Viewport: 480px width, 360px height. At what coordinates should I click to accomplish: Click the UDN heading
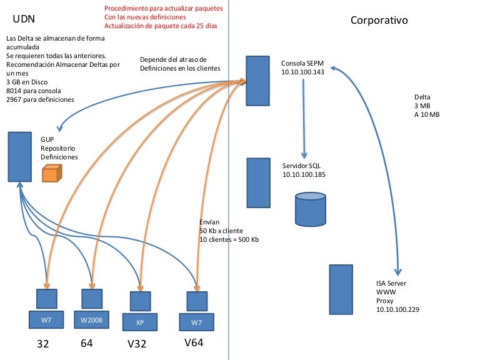pyautogui.click(x=24, y=21)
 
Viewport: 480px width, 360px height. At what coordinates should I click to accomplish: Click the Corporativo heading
pyautogui.click(x=379, y=21)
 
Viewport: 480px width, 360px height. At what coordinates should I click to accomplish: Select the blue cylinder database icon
pyautogui.click(x=311, y=209)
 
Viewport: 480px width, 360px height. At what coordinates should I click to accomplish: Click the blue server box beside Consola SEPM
pyautogui.click(x=257, y=81)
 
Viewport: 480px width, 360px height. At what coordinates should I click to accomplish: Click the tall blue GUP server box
pyautogui.click(x=20, y=156)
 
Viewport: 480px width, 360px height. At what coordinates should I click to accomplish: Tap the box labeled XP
pyautogui.click(x=140, y=322)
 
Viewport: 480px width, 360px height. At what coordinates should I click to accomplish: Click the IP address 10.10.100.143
pyautogui.click(x=303, y=72)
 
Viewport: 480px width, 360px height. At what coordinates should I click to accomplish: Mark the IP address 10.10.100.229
pyautogui.click(x=397, y=309)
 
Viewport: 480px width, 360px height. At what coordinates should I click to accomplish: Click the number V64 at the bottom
pyautogui.click(x=194, y=342)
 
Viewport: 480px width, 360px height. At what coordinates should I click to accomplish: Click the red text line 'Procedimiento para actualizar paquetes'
pyautogui.click(x=163, y=9)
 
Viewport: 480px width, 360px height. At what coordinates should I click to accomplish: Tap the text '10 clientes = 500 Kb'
pyautogui.click(x=229, y=239)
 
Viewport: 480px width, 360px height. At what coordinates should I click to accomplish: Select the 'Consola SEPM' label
pyautogui.click(x=302, y=64)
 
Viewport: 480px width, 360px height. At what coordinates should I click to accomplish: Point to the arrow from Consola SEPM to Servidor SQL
pyautogui.click(x=304, y=119)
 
